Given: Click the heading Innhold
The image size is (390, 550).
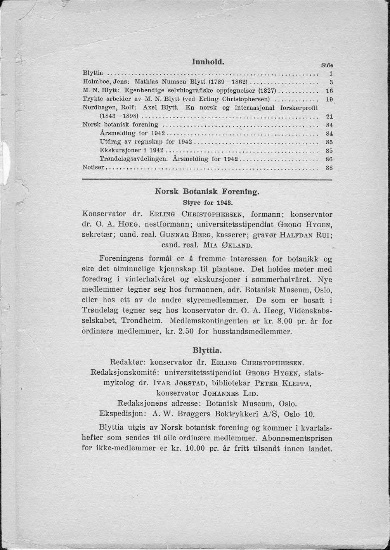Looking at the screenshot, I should point(208,62).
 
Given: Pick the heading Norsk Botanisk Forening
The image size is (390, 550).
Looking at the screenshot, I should point(207,192).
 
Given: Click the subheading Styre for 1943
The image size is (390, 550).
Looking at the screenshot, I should point(207,202).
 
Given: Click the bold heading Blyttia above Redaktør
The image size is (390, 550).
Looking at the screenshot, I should point(207,351).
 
